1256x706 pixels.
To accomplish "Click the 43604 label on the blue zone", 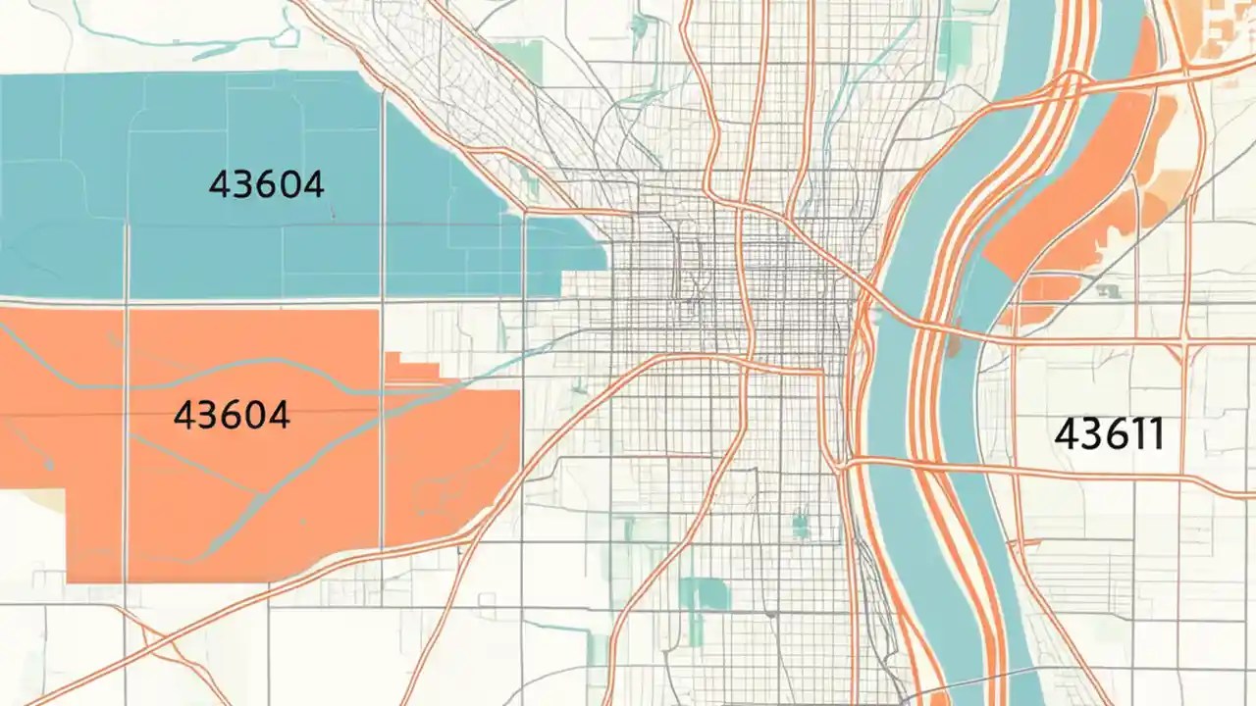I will (x=266, y=183).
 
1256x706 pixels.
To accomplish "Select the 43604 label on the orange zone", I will (x=232, y=415).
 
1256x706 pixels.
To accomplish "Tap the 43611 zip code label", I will (x=1110, y=433).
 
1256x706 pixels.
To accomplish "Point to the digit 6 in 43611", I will (x=1111, y=433).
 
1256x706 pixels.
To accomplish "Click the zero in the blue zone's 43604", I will (x=288, y=183).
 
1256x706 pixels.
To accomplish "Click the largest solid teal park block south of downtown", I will (x=705, y=593).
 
